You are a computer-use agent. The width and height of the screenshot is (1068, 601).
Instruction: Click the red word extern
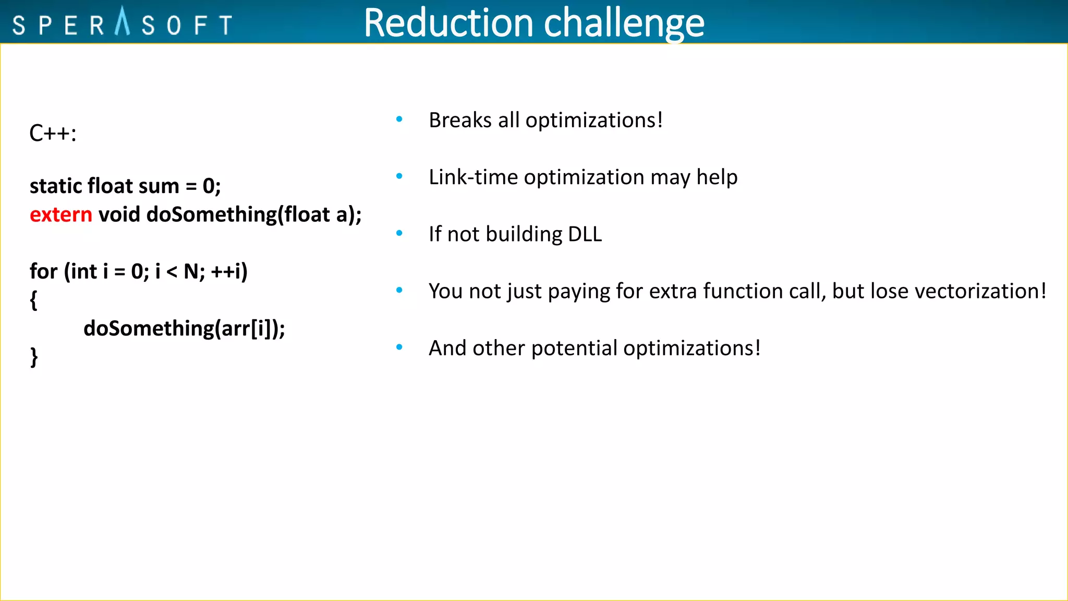(x=60, y=215)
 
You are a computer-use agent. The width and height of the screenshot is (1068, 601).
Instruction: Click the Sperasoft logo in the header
(x=122, y=23)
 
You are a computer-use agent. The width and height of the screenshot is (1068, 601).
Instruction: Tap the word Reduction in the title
(x=448, y=23)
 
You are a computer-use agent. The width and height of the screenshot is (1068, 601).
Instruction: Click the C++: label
(x=53, y=134)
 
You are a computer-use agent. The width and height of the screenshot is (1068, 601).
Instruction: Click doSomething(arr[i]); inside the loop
(x=184, y=329)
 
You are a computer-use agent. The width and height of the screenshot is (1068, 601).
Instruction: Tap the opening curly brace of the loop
(x=33, y=301)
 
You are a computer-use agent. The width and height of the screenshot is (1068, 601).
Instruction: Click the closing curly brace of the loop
(x=33, y=358)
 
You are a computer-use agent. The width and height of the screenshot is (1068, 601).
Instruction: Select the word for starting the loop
(x=43, y=272)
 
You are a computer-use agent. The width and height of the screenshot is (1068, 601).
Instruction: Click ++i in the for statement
(x=228, y=272)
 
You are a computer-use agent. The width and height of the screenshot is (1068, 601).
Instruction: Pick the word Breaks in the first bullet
(x=460, y=121)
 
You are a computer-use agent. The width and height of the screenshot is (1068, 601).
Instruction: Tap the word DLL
(x=585, y=234)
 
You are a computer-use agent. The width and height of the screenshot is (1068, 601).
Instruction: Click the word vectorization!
(x=980, y=291)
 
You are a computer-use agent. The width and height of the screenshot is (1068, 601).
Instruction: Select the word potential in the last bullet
(x=574, y=348)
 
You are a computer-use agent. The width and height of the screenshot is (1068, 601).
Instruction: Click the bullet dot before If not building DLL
(x=399, y=233)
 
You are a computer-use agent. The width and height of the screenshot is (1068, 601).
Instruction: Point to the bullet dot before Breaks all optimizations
(x=399, y=119)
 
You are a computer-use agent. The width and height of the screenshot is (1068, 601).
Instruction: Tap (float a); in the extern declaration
(x=319, y=215)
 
